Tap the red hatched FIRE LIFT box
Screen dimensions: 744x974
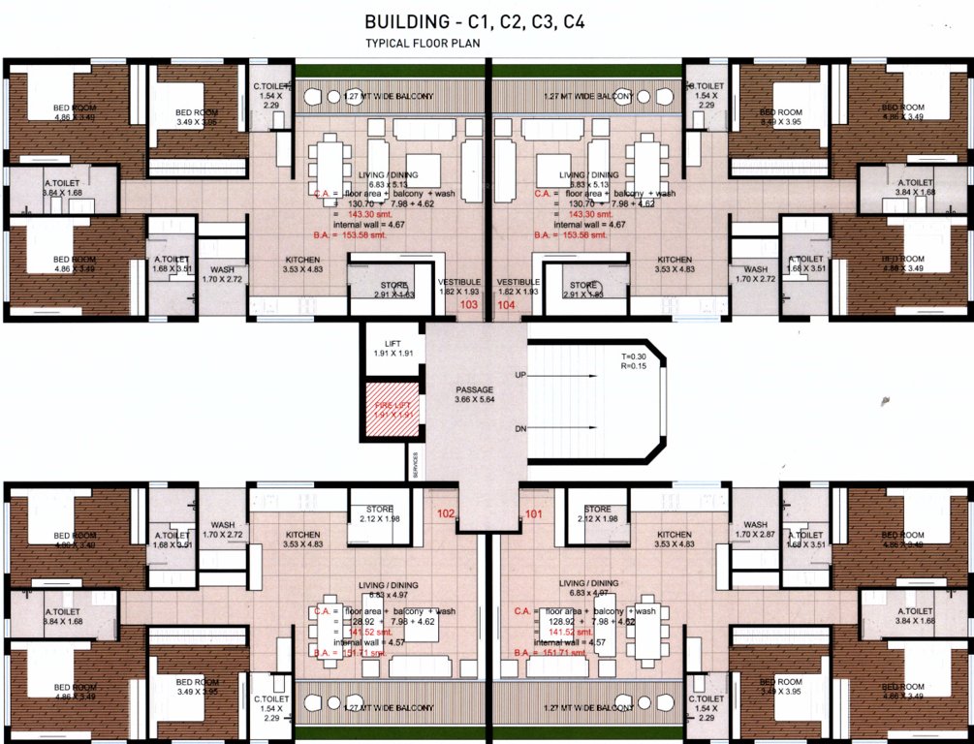pos(393,410)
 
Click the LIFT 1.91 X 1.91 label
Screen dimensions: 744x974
pos(393,348)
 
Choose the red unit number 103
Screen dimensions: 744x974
pos(469,304)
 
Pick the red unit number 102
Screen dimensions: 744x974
pos(446,513)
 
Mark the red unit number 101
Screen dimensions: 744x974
pos(533,513)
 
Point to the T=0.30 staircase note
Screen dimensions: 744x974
pos(636,356)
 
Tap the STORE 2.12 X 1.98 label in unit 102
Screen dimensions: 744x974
pos(379,514)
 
